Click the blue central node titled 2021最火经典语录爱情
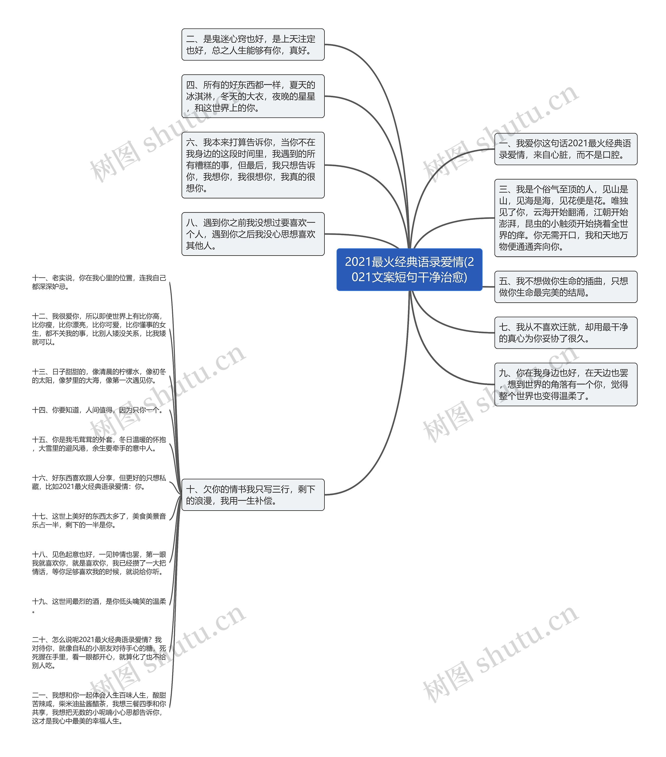tap(409, 269)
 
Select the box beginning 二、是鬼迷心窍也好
tap(253, 44)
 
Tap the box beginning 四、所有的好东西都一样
tap(253, 96)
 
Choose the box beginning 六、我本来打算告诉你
tap(253, 165)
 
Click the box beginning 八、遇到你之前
tap(253, 234)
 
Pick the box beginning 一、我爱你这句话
tap(566, 149)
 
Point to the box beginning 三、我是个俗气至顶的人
tap(566, 218)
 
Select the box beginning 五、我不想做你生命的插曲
tap(566, 287)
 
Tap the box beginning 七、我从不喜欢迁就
tap(566, 333)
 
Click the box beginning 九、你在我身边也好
tap(566, 384)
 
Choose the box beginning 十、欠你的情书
tap(253, 495)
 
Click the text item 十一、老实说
tap(99, 282)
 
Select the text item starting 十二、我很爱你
tap(99, 329)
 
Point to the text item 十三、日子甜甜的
tap(99, 376)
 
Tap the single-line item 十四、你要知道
tap(97, 410)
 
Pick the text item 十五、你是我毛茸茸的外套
tap(99, 444)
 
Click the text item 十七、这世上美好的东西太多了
tap(99, 520)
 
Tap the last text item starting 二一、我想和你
tap(99, 708)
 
